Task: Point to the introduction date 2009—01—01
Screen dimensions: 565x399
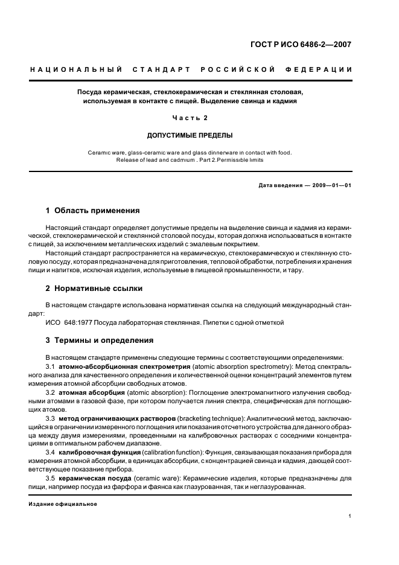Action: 330,185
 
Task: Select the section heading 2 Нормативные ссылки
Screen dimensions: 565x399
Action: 95,288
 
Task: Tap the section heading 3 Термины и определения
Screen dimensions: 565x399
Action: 99,340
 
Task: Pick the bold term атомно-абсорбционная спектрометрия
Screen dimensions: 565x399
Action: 124,366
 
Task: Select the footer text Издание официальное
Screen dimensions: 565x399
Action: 63,503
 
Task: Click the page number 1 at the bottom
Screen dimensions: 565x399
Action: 350,517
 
